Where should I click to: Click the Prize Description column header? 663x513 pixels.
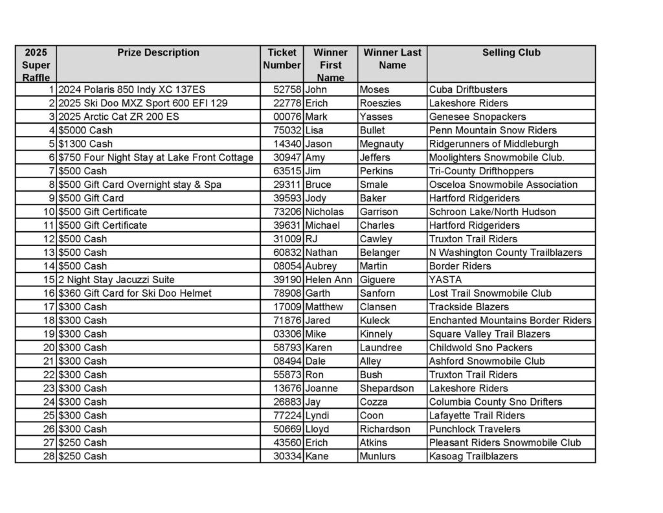[158, 52]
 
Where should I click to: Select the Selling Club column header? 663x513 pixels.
[511, 52]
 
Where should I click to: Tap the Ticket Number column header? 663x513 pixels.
[282, 59]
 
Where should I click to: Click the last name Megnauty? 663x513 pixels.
[381, 144]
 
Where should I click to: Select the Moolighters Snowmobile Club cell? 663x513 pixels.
[497, 157]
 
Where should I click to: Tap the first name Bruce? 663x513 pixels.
[318, 185]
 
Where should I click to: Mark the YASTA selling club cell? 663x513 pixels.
[445, 280]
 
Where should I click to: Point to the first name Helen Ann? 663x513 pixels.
[329, 280]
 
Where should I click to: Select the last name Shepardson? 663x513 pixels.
[387, 389]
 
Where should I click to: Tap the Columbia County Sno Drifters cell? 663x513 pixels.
[495, 402]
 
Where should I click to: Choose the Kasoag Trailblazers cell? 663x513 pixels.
[473, 457]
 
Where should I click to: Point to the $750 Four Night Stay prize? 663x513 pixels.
[155, 157]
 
